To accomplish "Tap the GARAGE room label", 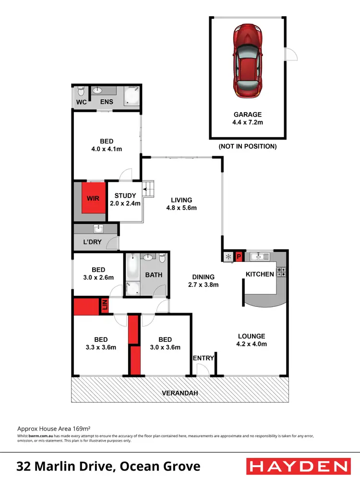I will (248, 115).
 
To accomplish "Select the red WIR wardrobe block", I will (93, 198).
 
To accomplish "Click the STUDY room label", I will (125, 196).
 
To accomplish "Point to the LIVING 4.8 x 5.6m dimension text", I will (181, 208).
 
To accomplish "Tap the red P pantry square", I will (239, 257).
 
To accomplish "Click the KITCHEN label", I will (260, 274).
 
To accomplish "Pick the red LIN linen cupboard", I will (103, 305).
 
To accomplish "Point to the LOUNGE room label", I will (252, 336).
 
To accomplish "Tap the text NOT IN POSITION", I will (247, 146).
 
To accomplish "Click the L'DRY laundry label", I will (92, 242).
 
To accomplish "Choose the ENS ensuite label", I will (106, 102).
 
